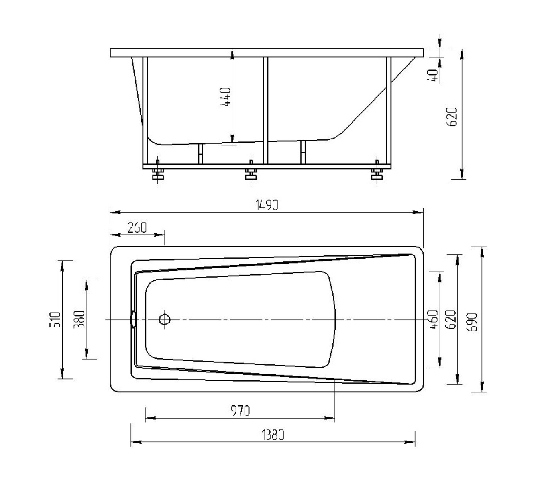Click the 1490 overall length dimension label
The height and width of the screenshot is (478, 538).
click(266, 205)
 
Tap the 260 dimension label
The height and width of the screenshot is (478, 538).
click(137, 228)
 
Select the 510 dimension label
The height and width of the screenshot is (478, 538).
click(55, 319)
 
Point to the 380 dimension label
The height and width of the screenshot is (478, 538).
click(79, 320)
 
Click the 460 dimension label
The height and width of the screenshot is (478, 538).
click(433, 319)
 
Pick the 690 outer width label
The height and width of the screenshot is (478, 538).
click(472, 322)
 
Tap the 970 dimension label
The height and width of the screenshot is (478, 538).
click(240, 411)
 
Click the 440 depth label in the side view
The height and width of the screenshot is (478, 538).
click(225, 97)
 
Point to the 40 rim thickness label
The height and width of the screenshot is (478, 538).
click(433, 76)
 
